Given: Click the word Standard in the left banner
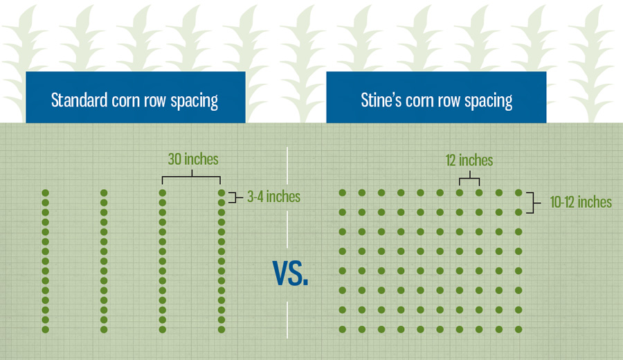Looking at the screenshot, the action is [x=79, y=100].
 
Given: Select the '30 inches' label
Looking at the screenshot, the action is [x=193, y=159].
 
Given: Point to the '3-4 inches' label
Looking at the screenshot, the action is [x=273, y=197].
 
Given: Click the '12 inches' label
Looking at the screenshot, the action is [x=469, y=161].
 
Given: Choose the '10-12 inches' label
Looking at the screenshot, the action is [x=581, y=202].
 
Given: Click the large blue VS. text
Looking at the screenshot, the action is [x=291, y=273].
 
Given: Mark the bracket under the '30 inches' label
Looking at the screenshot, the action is [x=192, y=177].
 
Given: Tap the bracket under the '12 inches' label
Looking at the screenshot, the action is [x=469, y=178].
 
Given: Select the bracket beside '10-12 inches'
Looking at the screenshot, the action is [x=533, y=203].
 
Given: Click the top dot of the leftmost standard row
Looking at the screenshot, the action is [x=45, y=192].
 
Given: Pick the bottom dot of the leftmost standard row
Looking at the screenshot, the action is [x=45, y=330].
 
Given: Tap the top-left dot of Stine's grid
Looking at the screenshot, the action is [x=343, y=192].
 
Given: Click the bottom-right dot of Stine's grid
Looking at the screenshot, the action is [x=518, y=330].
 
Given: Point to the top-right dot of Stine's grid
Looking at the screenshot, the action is [x=518, y=192].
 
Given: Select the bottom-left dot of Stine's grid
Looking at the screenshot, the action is [x=343, y=330].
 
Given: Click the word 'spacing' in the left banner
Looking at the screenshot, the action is [x=195, y=101].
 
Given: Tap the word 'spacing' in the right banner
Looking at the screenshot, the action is [x=488, y=101].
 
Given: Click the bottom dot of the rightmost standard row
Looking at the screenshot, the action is [x=222, y=330].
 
